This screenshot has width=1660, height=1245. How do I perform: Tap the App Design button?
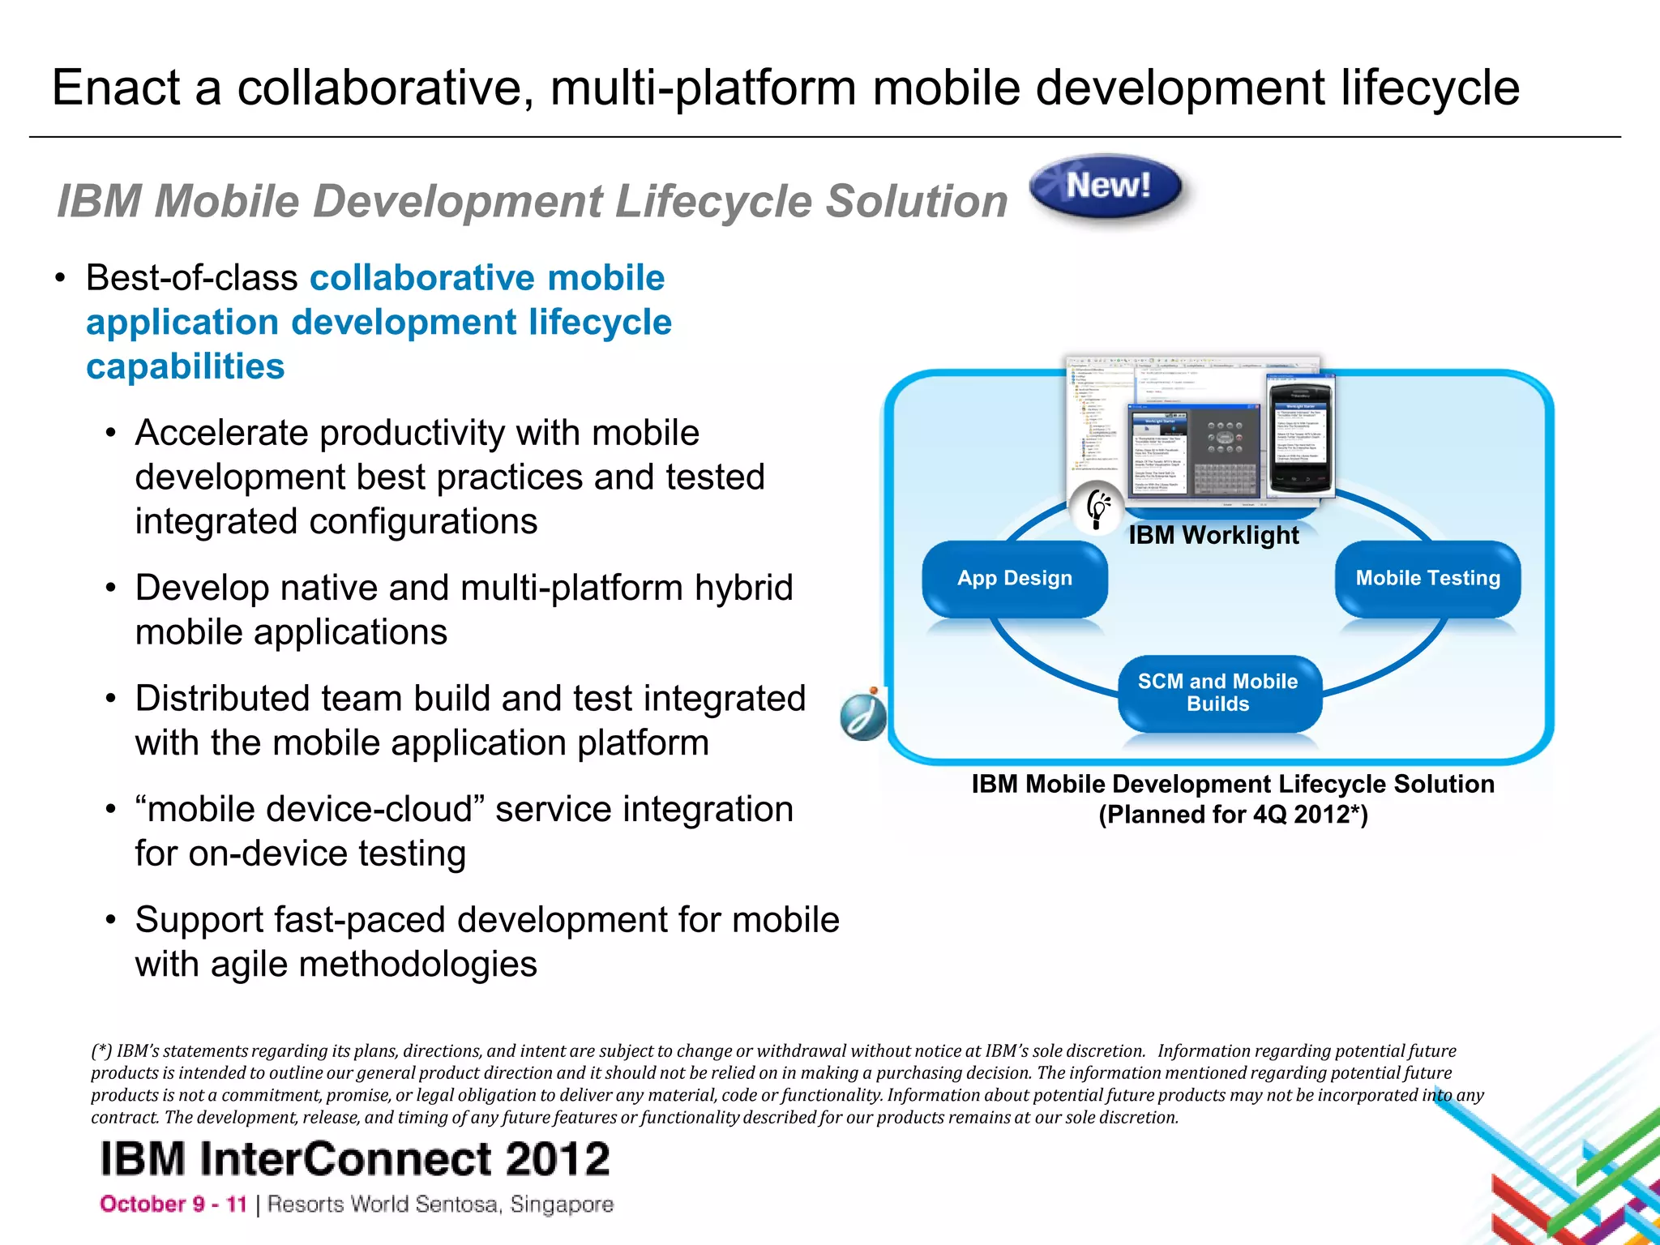[1014, 579]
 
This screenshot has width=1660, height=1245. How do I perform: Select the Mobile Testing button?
[1427, 579]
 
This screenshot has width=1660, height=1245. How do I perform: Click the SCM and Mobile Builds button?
[1217, 693]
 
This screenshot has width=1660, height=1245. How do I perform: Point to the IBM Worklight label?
[1213, 536]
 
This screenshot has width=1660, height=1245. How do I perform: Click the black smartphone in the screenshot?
[1299, 435]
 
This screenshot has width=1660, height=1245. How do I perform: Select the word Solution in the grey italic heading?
[916, 201]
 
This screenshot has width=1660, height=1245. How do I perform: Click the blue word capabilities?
[186, 366]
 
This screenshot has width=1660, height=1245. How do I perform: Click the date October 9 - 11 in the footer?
[173, 1204]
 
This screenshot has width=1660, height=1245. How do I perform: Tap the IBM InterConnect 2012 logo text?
[354, 1158]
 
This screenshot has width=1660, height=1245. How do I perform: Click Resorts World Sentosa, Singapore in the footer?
[440, 1204]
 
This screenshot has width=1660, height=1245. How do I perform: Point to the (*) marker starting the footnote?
[101, 1051]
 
